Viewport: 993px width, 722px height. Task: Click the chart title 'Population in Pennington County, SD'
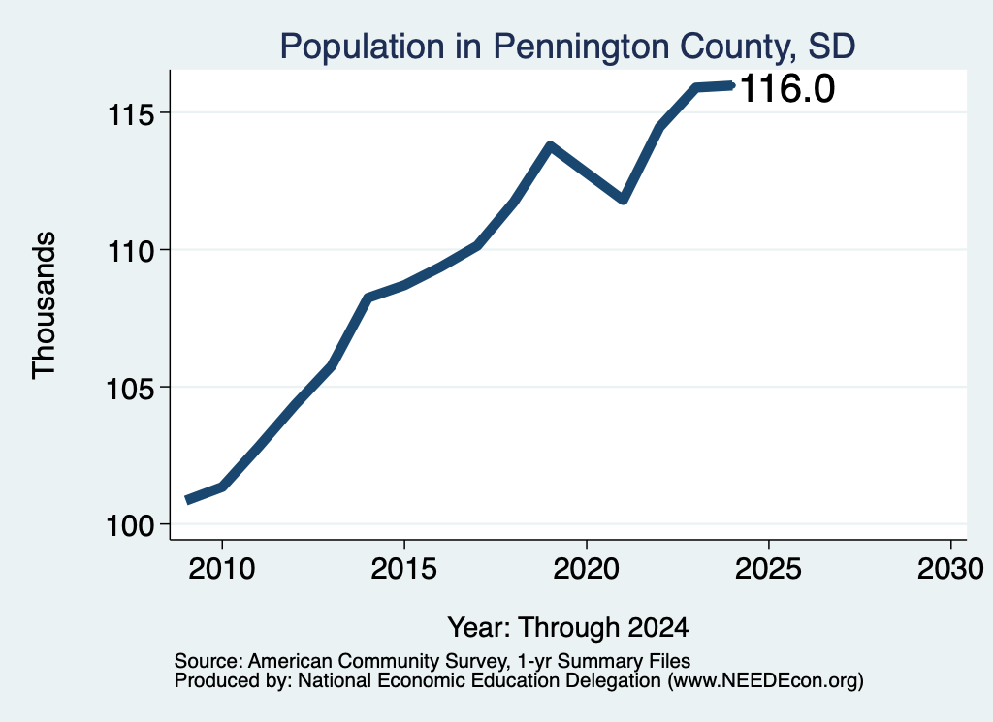coord(567,47)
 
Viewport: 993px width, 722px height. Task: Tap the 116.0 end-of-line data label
coord(787,88)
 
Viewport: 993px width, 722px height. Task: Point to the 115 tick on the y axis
coord(131,114)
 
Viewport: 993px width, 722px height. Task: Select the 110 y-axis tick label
coord(131,251)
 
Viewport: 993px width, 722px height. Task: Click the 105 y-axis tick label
coord(131,389)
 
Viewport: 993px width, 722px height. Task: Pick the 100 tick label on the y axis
coord(131,526)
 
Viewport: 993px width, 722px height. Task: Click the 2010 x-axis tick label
coord(222,568)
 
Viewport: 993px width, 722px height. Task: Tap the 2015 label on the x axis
coord(404,568)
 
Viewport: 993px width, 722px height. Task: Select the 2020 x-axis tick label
coord(587,568)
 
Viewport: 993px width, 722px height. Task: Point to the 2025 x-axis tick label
coord(768,568)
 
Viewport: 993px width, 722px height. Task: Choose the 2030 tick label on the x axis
coord(950,568)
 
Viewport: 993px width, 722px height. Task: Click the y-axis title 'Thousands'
coord(45,305)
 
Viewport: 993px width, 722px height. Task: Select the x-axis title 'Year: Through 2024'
coord(568,628)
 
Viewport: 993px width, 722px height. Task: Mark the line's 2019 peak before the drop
coord(551,146)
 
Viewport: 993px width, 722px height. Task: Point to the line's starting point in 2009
coord(188,500)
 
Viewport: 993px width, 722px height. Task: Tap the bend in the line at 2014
coord(368,297)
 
